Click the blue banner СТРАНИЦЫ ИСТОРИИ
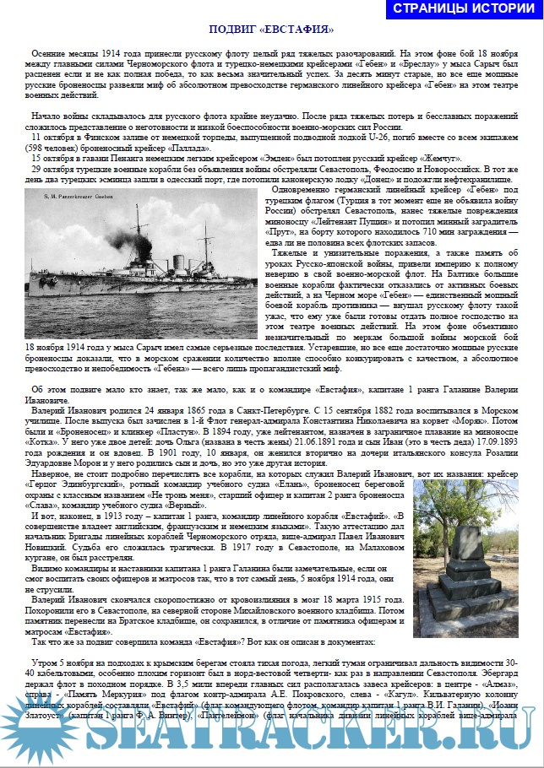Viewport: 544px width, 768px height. [463, 9]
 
